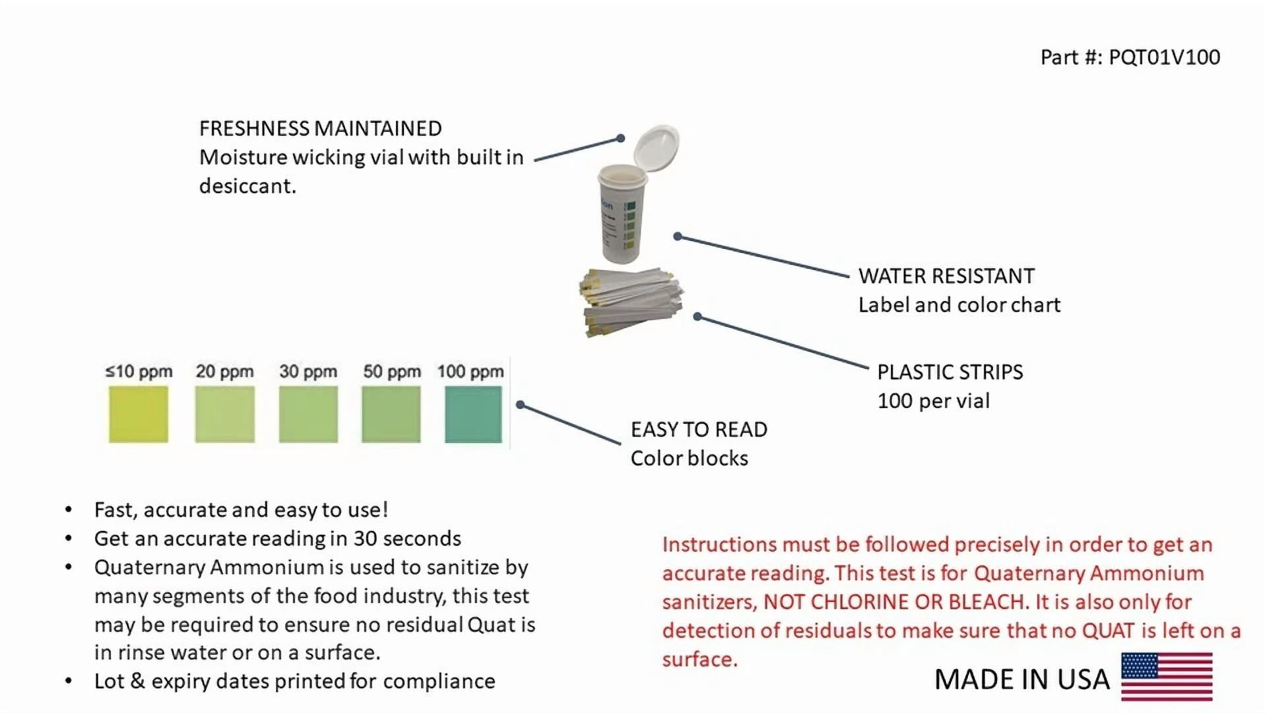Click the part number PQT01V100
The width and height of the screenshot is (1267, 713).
click(x=1164, y=57)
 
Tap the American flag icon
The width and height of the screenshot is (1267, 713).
click(x=1167, y=677)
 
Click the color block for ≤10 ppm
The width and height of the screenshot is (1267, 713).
click(x=139, y=414)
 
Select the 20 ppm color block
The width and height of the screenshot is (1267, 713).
click(x=225, y=414)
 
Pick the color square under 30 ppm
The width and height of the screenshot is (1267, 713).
click(x=308, y=414)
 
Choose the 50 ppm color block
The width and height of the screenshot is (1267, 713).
click(x=391, y=414)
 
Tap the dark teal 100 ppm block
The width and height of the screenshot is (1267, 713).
click(x=473, y=414)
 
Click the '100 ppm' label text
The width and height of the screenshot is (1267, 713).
click(x=471, y=372)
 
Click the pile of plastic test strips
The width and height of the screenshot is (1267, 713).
click(x=632, y=301)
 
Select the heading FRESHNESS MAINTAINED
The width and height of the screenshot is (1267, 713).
click(x=321, y=128)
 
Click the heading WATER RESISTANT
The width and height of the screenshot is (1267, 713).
click(x=946, y=275)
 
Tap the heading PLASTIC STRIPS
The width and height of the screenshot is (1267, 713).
click(x=950, y=372)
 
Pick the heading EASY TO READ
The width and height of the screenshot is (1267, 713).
click(x=699, y=429)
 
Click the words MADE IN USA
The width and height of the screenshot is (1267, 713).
click(x=1022, y=679)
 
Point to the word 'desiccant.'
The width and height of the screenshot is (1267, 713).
click(x=247, y=186)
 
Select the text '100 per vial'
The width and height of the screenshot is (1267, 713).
click(x=934, y=401)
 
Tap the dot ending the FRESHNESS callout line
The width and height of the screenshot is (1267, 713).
click(x=620, y=138)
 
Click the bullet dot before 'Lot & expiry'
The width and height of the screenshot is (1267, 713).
click(x=69, y=681)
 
